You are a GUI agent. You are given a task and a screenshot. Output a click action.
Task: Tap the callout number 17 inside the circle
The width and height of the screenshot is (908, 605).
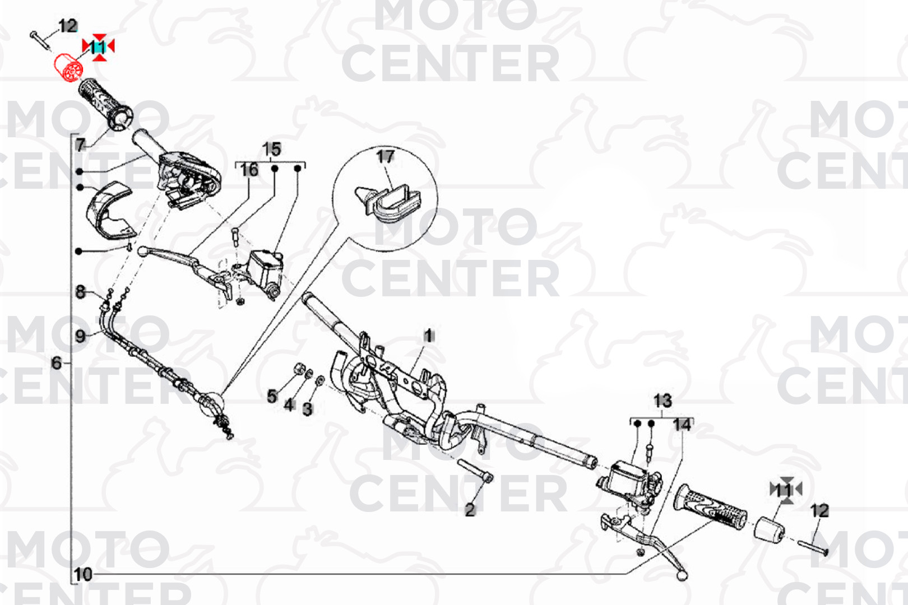384,156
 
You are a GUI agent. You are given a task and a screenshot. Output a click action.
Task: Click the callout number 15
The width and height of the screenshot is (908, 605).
272,149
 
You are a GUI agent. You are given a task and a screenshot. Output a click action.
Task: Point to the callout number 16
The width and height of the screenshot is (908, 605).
249,170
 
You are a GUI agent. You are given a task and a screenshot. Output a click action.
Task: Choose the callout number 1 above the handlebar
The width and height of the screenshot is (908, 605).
428,336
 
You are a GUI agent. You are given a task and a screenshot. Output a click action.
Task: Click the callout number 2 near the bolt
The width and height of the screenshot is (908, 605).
470,510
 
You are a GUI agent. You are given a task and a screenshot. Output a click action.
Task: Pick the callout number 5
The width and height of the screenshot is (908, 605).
272,396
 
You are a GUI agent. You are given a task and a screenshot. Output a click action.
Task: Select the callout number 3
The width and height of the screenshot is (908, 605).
308,409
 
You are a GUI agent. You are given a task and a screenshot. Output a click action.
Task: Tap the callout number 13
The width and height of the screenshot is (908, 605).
663,401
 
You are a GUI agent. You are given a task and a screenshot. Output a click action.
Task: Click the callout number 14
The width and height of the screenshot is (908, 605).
682,425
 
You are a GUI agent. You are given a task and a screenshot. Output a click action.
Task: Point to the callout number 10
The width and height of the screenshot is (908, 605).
83,574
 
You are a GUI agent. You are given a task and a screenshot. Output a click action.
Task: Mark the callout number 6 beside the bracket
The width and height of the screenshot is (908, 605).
57,362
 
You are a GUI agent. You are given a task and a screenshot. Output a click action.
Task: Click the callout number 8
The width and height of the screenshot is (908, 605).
81,292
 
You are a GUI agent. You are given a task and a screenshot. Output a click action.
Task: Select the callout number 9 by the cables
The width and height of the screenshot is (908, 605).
81,336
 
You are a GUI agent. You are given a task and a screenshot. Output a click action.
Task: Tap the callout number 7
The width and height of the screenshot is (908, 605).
81,145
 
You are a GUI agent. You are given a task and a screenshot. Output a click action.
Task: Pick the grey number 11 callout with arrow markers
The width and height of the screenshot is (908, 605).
786,490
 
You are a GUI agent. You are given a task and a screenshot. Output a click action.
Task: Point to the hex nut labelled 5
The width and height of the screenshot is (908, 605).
299,369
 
